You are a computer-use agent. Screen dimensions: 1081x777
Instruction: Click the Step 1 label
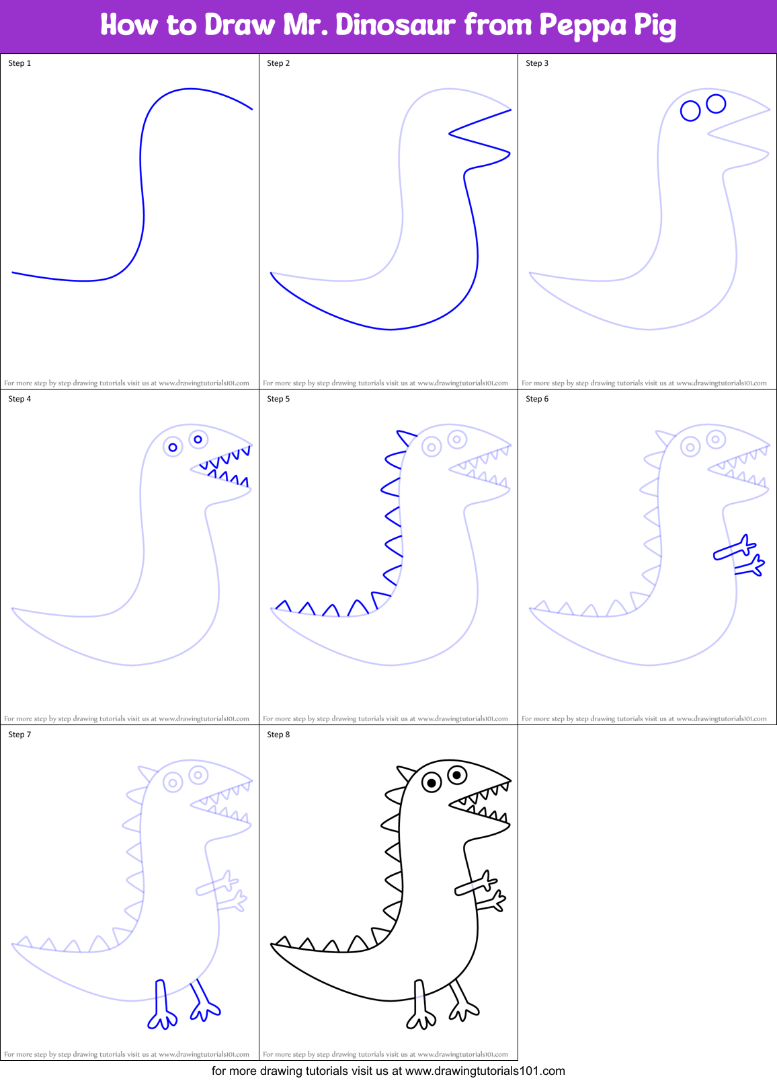coord(19,63)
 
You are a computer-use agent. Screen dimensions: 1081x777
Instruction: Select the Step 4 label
coord(19,399)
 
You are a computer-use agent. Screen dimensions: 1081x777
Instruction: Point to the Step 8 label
coord(278,735)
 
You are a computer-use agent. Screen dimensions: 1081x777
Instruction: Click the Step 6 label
coord(537,399)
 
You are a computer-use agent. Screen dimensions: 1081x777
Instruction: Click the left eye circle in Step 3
coord(690,110)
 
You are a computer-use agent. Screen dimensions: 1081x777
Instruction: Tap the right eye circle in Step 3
coord(716,103)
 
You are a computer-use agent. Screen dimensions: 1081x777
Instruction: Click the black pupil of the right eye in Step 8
coord(457,775)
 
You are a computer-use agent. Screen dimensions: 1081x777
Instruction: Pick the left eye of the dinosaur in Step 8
coord(432,782)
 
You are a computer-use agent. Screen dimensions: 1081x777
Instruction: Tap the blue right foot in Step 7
coord(206,1009)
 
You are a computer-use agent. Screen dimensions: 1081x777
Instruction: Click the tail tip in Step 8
coord(273,945)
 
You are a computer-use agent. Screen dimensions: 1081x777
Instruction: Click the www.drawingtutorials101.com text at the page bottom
coord(485,1071)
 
